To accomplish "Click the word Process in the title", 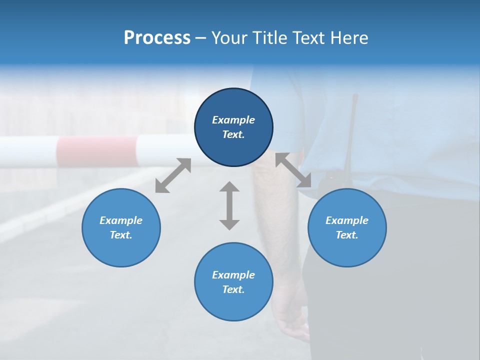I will pos(157,38).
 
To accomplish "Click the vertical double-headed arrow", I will pos(229,205).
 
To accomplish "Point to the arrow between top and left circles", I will pos(173,175).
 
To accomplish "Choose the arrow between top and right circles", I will pos(293,170).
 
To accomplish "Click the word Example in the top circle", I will pos(233,120).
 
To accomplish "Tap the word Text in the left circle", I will pos(121,235).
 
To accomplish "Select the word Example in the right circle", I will pos(347,220).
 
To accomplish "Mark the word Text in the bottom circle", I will pos(233,289).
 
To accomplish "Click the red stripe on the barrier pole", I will pos(96,151).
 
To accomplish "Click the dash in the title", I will pos(201,38).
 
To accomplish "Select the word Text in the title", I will pos(308,38).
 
